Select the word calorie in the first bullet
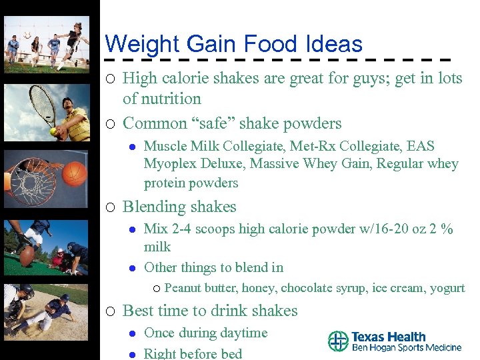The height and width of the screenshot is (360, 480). point(186,78)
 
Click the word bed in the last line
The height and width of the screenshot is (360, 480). point(230,353)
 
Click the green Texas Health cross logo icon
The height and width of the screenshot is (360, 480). point(338,341)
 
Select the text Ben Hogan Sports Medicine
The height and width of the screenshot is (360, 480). point(407,347)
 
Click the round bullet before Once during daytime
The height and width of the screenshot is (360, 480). point(131,333)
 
